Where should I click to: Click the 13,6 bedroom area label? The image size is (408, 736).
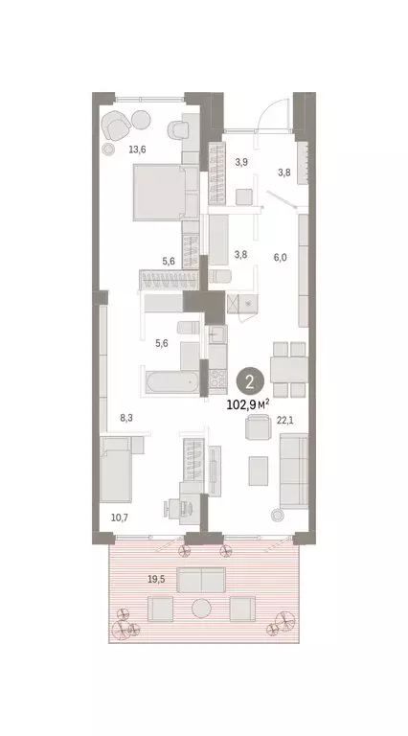pyautogui.click(x=138, y=149)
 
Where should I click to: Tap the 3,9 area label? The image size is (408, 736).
pyautogui.click(x=242, y=162)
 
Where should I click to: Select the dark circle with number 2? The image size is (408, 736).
pyautogui.click(x=249, y=382)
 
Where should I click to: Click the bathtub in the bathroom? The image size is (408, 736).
pyautogui.click(x=170, y=384)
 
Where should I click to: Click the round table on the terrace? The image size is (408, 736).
pyautogui.click(x=201, y=609)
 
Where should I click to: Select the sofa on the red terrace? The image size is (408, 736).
pyautogui.click(x=201, y=580)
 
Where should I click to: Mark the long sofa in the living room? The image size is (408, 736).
pyautogui.click(x=292, y=470)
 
